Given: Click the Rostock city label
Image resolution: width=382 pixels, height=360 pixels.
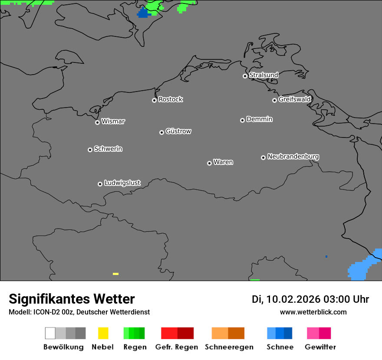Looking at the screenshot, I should (x=171, y=99).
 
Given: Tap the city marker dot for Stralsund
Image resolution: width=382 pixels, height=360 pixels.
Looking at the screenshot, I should (x=245, y=76).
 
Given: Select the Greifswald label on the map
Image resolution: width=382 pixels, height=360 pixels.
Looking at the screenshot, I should (x=295, y=99).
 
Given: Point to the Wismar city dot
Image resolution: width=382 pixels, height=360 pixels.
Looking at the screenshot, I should (x=97, y=122).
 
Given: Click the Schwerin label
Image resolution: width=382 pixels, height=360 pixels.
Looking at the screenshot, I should (x=108, y=149).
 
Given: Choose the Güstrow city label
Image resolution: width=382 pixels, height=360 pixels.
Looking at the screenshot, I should (x=178, y=131).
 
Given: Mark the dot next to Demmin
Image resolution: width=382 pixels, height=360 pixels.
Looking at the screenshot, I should (x=242, y=120).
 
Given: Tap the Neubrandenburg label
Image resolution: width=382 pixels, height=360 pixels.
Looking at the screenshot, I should (x=293, y=157).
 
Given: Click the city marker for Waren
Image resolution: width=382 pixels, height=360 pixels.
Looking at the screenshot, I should (x=209, y=163).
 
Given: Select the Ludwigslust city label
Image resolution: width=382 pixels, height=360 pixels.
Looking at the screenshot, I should (x=122, y=183).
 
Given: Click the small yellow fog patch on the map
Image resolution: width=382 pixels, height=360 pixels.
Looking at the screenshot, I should (x=115, y=274).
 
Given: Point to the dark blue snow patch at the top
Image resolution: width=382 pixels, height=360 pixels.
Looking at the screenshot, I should (x=142, y=13).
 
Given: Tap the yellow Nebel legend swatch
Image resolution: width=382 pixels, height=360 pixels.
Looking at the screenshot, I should (x=103, y=333).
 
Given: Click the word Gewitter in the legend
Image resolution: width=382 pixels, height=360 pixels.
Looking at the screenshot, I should (x=320, y=347).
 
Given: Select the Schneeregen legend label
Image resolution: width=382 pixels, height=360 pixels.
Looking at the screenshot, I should (x=229, y=347).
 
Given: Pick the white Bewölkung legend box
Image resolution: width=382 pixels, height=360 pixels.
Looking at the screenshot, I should (x=50, y=333).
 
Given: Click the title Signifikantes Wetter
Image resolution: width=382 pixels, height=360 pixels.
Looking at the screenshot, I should (x=72, y=299).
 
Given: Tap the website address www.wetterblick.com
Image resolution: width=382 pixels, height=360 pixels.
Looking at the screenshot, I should (x=313, y=312).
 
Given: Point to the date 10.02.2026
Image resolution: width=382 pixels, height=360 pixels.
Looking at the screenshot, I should (x=293, y=299).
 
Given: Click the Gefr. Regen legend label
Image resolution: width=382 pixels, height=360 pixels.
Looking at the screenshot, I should (x=177, y=347).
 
